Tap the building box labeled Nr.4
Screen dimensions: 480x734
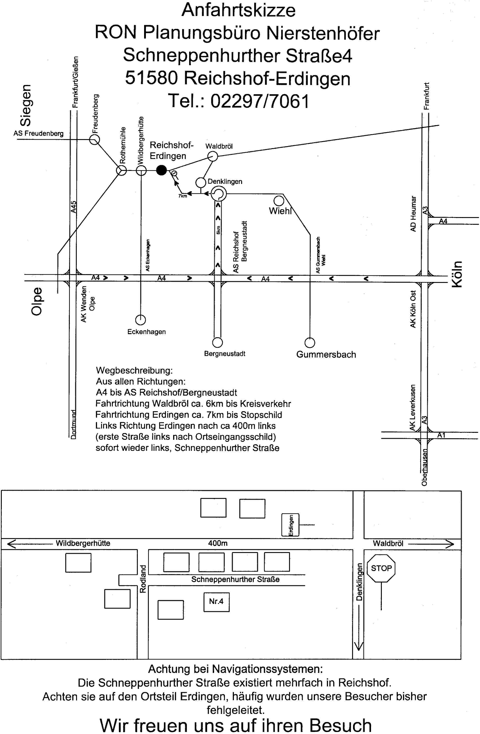pos(216,602)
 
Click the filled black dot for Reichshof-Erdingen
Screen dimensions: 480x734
pos(161,170)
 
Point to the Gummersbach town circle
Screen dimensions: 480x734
pos(310,343)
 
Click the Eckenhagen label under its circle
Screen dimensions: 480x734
pos(146,332)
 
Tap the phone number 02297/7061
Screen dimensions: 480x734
pos(260,101)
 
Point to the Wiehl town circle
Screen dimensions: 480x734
pos(279,201)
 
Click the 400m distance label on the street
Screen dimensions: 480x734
pos(218,543)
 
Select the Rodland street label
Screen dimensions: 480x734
pos(143,579)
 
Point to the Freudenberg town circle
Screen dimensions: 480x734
pos(94,139)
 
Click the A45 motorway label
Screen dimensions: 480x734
pos(73,207)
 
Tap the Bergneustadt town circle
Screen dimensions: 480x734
pos(217,342)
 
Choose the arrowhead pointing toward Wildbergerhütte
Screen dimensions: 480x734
pos(11,544)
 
